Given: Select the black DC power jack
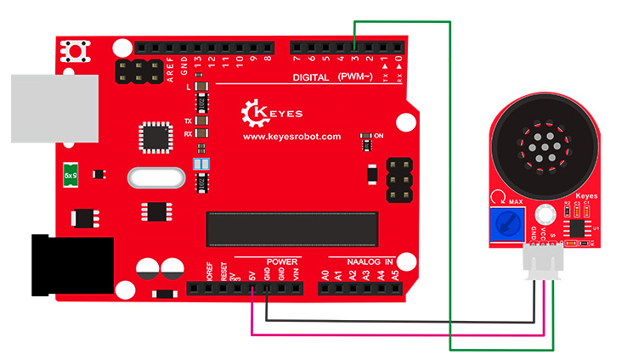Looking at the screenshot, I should pos(71,266).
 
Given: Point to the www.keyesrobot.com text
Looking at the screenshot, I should pos(291,136).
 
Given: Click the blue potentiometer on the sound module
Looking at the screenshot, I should pos(509,223).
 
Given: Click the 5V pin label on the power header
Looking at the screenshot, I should pos(252,275).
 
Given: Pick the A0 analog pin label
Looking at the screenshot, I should pos(325,275).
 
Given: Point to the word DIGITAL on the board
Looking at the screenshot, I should pos(311,77).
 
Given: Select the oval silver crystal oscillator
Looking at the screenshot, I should pos(155,178).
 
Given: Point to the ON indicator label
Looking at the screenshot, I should pos(378,136).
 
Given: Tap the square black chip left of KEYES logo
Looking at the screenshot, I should pos(155,136).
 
